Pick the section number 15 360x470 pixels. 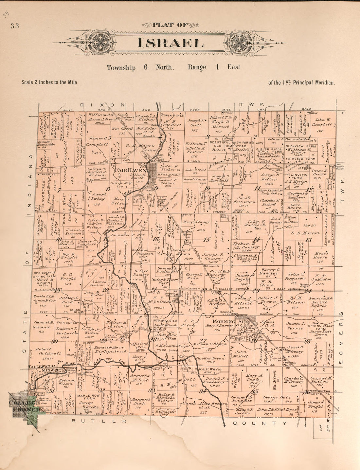(x=207, y=240)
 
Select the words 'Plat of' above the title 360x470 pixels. (x=170, y=25)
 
